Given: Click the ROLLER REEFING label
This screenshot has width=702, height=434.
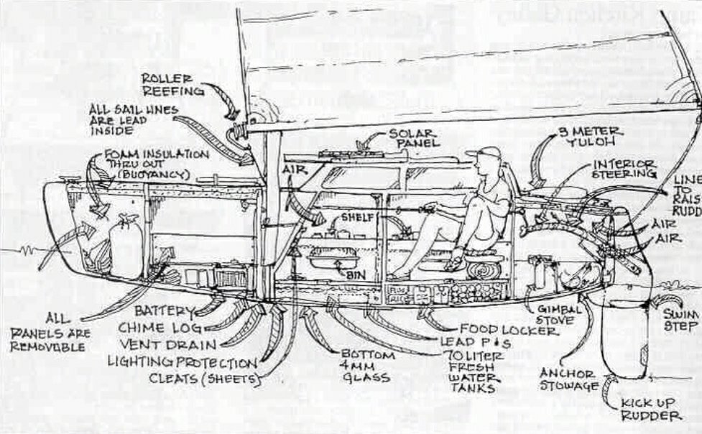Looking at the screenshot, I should pos(167,84).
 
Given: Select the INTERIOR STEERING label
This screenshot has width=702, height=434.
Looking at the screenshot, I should pos(624,168).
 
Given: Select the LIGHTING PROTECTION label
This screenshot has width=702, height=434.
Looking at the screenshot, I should pos(181,361).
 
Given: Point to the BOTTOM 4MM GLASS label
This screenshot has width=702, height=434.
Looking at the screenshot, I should pos(369,366).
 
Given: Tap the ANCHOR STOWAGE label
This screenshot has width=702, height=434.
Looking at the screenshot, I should pos(568,380).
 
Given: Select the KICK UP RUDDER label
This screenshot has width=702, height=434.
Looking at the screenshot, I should pos(652,409).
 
